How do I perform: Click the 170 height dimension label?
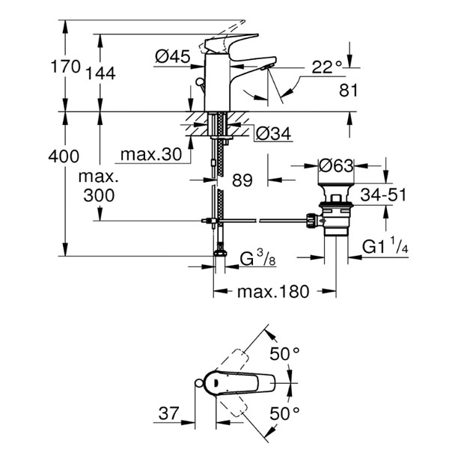(66, 67)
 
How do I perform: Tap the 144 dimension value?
(101, 73)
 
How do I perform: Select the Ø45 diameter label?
(173, 56)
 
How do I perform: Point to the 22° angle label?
(327, 67)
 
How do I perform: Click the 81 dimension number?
(349, 91)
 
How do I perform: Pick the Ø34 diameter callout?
(273, 133)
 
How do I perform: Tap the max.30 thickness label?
(151, 154)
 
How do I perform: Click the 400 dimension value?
(64, 156)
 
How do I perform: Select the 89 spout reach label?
(242, 180)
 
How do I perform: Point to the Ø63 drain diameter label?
(337, 165)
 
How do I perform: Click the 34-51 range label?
(383, 195)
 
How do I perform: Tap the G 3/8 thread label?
(257, 259)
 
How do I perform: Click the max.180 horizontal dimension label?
(273, 292)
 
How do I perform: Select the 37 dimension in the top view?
(168, 413)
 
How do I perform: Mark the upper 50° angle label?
(284, 354)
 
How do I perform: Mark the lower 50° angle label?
(284, 413)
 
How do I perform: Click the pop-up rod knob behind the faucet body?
(199, 83)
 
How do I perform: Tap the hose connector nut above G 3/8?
(220, 253)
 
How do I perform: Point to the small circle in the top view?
(199, 382)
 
